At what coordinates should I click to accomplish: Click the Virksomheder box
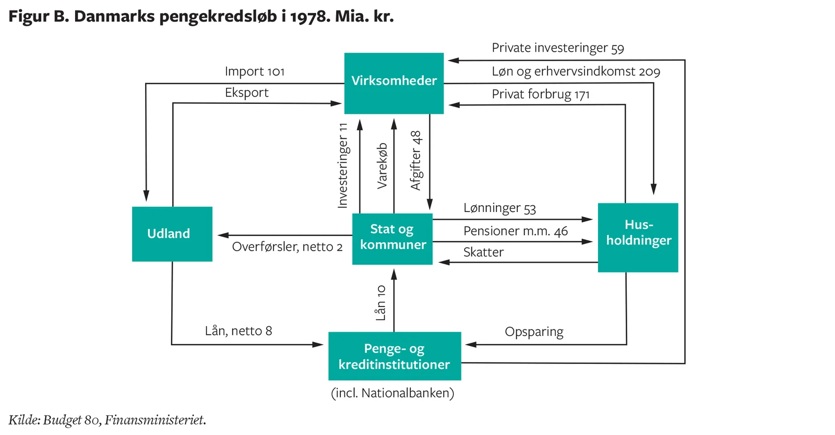(x=394, y=83)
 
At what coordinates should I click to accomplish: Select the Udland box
(x=172, y=233)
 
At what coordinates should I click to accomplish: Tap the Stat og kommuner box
(x=392, y=238)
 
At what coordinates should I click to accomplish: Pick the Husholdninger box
(x=638, y=237)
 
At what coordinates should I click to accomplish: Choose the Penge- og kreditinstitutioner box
(x=395, y=356)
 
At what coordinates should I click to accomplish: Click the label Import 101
(x=255, y=72)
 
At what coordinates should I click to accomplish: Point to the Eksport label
(x=246, y=93)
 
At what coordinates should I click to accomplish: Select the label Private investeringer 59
(x=557, y=48)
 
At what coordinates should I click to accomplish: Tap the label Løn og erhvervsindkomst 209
(x=576, y=72)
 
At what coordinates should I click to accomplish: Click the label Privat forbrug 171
(x=540, y=95)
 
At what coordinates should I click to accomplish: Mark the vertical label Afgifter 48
(x=416, y=160)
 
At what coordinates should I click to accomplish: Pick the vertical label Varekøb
(x=383, y=166)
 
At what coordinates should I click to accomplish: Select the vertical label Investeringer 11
(x=343, y=166)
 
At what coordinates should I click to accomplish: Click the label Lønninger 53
(x=499, y=208)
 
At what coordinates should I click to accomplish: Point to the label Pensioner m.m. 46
(x=515, y=231)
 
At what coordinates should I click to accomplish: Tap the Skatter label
(x=483, y=253)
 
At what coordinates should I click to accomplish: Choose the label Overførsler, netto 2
(x=287, y=247)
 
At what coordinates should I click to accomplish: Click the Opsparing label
(x=534, y=332)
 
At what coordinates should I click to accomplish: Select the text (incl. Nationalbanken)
(x=392, y=393)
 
